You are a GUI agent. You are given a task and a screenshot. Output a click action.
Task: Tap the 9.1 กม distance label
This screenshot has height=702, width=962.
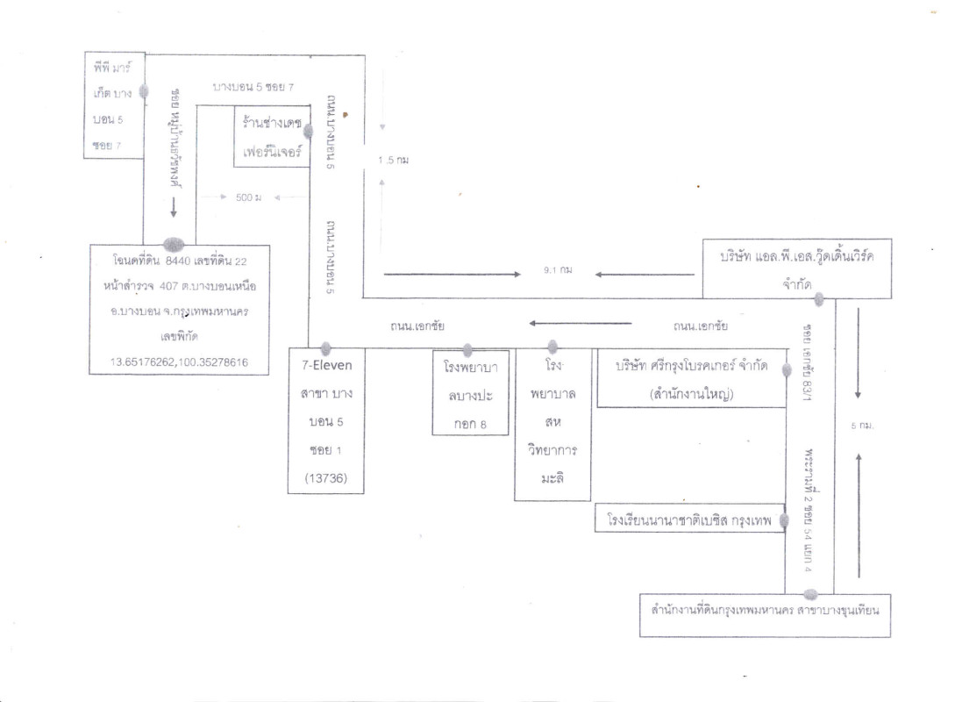click(x=558, y=270)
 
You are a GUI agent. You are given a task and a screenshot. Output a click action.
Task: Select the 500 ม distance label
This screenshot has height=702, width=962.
click(x=249, y=197)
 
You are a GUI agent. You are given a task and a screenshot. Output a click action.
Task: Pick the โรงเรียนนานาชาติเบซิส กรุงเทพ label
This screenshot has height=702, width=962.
click(x=688, y=520)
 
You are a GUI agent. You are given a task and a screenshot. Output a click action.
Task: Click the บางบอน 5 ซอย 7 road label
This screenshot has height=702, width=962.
click(x=253, y=88)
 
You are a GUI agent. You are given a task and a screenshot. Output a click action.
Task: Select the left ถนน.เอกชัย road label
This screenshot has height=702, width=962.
click(x=417, y=326)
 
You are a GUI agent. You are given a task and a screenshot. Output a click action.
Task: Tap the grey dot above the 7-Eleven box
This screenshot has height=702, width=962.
click(x=325, y=347)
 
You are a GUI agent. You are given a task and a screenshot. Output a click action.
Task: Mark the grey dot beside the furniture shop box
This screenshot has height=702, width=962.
click(x=308, y=131)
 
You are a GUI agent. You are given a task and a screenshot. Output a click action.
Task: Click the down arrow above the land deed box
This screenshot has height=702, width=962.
click(x=174, y=206)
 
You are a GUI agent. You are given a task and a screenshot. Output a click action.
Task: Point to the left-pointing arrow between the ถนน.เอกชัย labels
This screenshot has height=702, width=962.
click(x=579, y=324)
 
